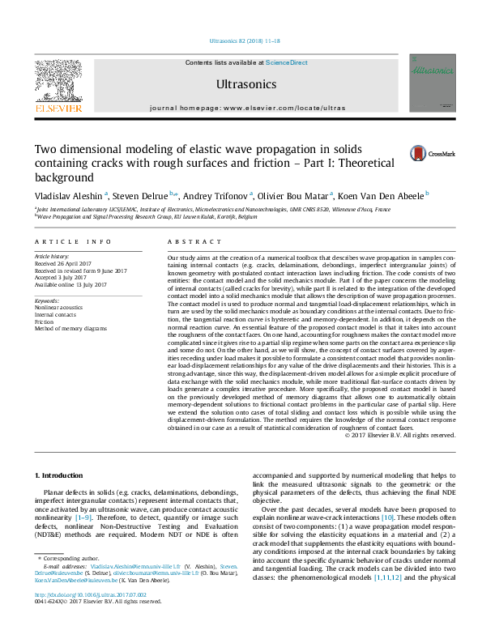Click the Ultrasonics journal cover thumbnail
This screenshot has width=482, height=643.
click(x=432, y=83)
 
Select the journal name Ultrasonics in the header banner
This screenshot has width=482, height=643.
click(x=246, y=84)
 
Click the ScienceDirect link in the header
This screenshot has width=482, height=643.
click(x=287, y=62)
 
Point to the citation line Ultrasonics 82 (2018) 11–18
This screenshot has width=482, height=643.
click(x=245, y=40)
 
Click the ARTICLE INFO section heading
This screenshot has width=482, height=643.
click(x=73, y=241)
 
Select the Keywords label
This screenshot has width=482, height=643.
click(x=49, y=300)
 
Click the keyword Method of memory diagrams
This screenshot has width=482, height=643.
click(x=70, y=329)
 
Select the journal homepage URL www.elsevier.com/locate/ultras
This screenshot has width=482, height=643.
click(x=284, y=108)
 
